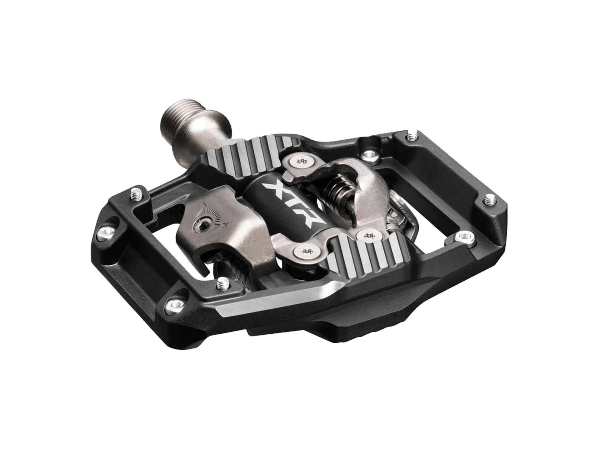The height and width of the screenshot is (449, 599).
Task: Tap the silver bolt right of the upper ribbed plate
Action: click(368, 154)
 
